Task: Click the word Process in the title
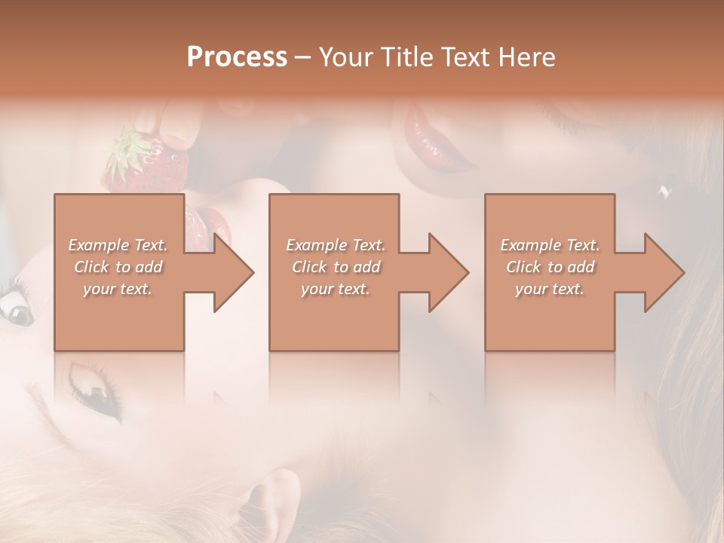[237, 57]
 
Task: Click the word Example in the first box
[98, 245]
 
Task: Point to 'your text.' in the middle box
[335, 289]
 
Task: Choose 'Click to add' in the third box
[551, 267]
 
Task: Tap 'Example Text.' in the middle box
[336, 245]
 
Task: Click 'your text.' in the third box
[549, 289]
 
